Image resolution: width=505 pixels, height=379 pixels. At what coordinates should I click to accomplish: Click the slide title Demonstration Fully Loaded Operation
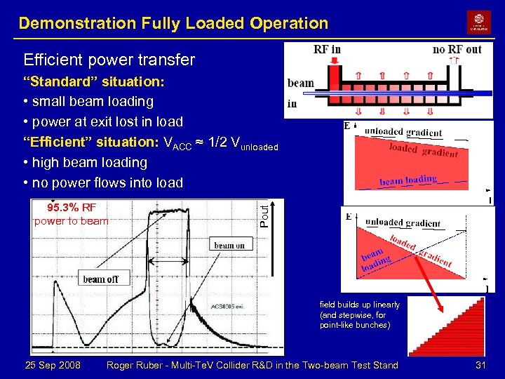(x=173, y=23)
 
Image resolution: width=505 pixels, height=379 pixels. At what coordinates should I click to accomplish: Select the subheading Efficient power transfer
(x=109, y=60)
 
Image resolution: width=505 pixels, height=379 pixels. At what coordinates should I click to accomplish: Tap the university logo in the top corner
(x=479, y=22)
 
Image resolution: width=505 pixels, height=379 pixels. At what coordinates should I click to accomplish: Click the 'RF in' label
(x=327, y=50)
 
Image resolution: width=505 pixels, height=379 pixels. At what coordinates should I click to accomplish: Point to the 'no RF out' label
(x=457, y=50)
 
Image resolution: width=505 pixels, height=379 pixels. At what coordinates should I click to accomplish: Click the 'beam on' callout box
(x=229, y=245)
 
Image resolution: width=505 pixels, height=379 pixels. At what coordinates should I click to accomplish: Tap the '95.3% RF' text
(x=72, y=207)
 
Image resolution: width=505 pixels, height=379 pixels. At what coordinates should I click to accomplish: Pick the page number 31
(x=480, y=365)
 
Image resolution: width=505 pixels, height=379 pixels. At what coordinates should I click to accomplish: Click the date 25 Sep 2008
(x=53, y=365)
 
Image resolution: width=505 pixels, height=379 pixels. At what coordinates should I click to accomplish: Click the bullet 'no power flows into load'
(x=102, y=183)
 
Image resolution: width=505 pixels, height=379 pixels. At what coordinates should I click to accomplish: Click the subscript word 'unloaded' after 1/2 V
(x=257, y=147)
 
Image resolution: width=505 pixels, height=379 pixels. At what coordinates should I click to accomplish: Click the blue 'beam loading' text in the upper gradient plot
(x=408, y=180)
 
